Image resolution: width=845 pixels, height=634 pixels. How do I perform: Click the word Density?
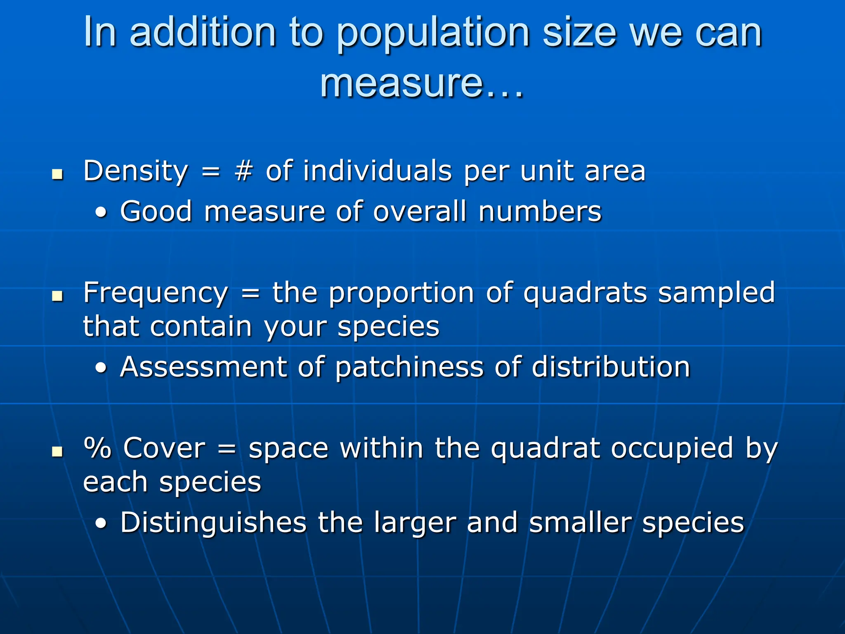click(x=135, y=172)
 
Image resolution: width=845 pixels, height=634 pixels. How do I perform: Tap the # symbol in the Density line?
click(x=243, y=171)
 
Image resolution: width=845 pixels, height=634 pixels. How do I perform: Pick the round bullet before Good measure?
click(x=101, y=213)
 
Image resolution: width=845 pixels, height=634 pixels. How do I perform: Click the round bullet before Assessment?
click(x=101, y=368)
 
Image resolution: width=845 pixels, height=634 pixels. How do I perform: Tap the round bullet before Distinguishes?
click(x=101, y=524)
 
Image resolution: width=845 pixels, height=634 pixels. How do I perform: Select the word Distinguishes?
click(x=213, y=523)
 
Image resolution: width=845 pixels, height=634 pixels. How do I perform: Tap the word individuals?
click(x=378, y=171)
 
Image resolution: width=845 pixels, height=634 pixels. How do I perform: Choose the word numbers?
click(x=540, y=212)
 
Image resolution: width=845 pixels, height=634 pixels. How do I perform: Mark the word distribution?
click(x=611, y=367)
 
